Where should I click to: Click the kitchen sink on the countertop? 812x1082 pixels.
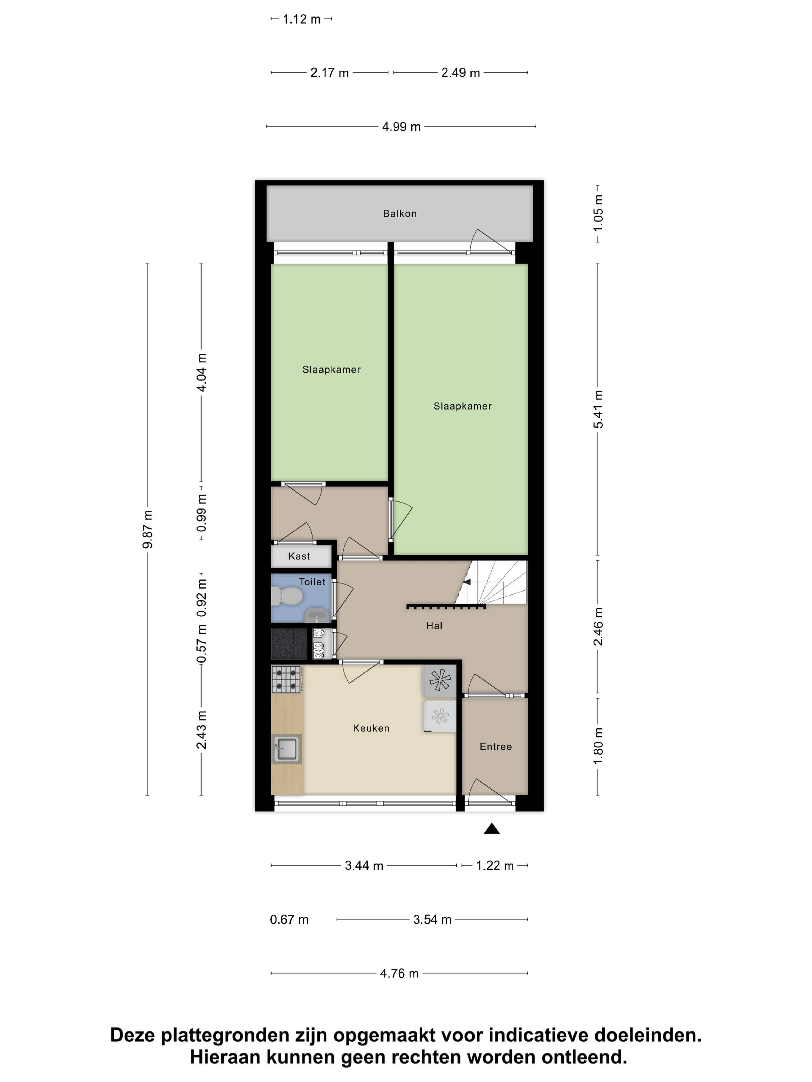pyautogui.click(x=286, y=749)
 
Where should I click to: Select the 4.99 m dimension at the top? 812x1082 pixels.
pyautogui.click(x=401, y=127)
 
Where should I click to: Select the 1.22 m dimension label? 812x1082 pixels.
pyautogui.click(x=495, y=866)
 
